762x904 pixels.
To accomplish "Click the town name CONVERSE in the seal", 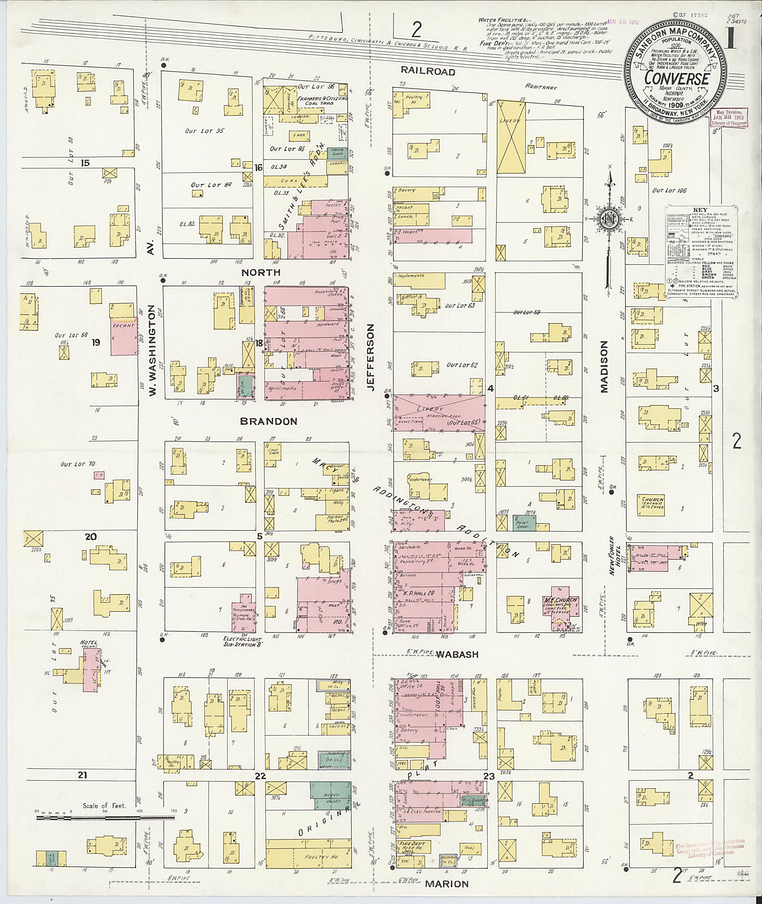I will (676, 79).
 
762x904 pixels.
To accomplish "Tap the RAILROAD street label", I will (428, 71).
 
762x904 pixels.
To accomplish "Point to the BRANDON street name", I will (269, 421).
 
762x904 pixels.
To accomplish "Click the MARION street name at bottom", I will (446, 884).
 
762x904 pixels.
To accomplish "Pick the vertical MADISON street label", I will (603, 367).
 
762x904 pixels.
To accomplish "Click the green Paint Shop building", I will (524, 523).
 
